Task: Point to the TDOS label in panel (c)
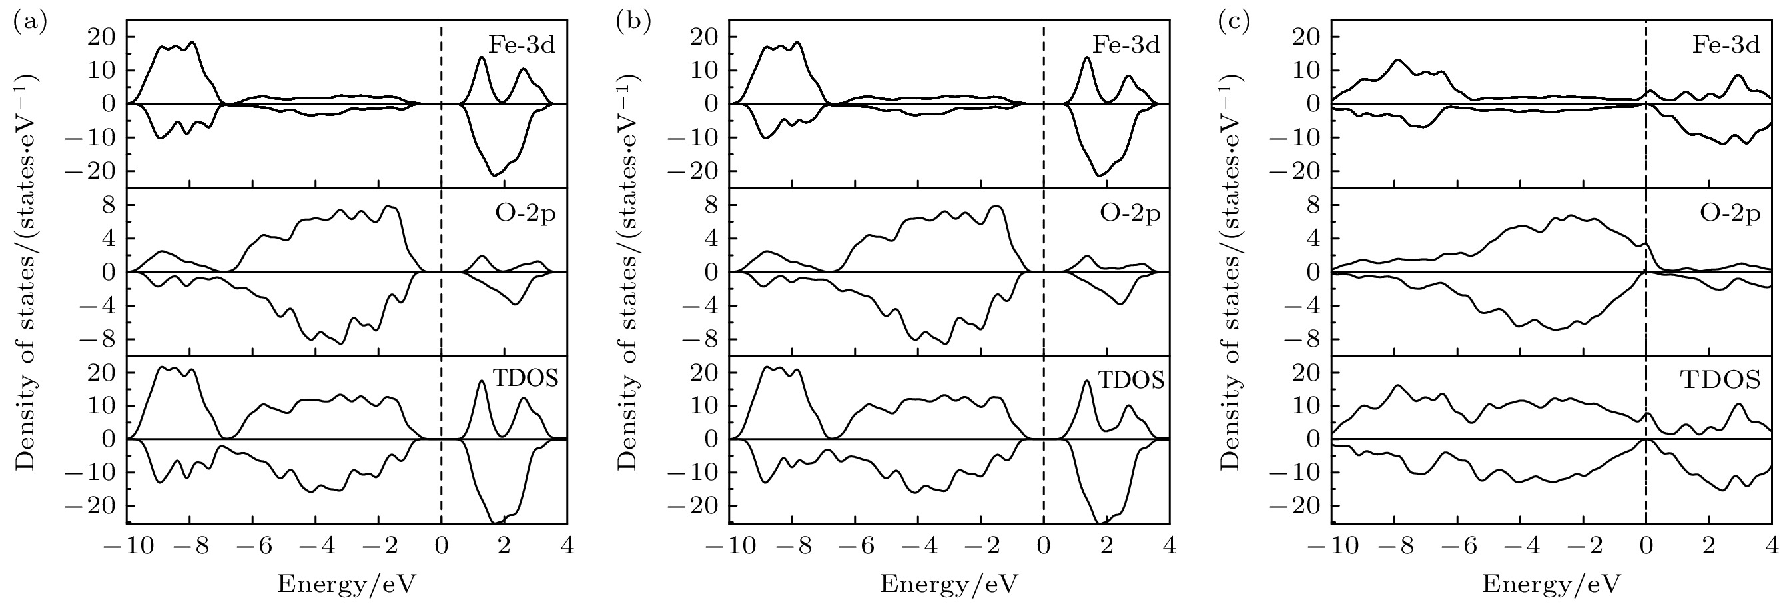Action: (1720, 379)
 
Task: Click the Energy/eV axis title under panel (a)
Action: (347, 585)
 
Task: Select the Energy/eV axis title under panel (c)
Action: (1551, 585)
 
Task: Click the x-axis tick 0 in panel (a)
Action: (441, 547)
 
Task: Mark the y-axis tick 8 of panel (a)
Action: (107, 206)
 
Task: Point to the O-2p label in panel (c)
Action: (1730, 214)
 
